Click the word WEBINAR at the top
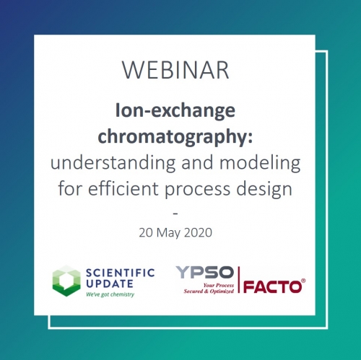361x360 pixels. click(x=175, y=70)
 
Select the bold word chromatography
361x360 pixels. click(x=175, y=136)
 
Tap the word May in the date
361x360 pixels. click(x=168, y=234)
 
